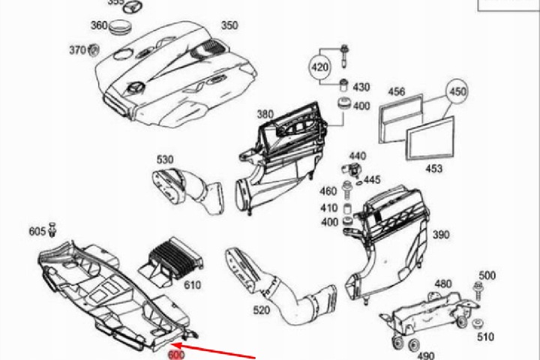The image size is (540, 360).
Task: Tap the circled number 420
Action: coord(320,68)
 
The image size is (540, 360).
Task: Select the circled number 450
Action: coord(457,92)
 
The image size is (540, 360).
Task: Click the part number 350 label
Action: coord(229,25)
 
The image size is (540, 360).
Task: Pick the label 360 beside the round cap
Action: coord(99,25)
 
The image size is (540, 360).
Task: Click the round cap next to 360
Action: coord(120,29)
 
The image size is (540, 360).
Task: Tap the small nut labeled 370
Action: coord(94,52)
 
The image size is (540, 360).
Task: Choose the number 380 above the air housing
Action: coord(265,115)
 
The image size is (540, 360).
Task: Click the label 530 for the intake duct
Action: coord(165,159)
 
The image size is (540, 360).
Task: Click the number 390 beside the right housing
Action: coord(441,235)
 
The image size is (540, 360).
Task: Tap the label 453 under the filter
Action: coord(433,169)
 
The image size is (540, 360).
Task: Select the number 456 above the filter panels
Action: coord(396,92)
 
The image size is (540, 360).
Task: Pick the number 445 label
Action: coord(372,180)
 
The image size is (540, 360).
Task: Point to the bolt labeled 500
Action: coord(477,287)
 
